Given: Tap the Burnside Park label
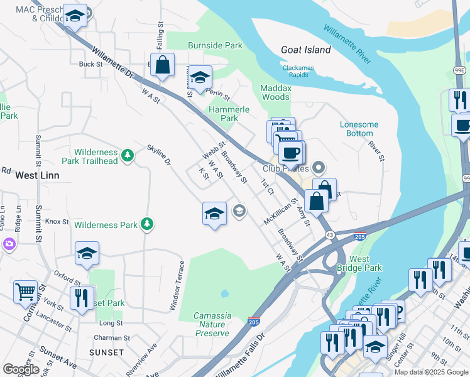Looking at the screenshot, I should [216, 46].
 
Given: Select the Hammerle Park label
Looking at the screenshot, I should [229, 114].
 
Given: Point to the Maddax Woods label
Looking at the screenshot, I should [276, 93].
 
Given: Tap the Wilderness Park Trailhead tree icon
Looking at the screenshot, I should [128, 155].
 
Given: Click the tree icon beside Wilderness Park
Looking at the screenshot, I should [146, 224].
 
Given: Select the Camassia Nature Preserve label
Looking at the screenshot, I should [212, 324].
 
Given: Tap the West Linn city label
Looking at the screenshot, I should [37, 175].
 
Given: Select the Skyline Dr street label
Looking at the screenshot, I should [159, 155].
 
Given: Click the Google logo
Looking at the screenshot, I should [21, 369].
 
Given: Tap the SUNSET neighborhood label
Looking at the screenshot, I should [106, 352].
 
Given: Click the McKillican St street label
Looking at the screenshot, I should [280, 212].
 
